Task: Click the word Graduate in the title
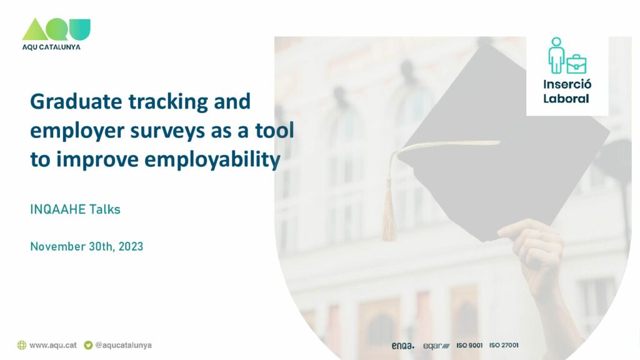[x=76, y=101]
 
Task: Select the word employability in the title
[x=212, y=159]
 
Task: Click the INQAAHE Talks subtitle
[x=75, y=209]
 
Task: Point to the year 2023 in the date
[x=131, y=246]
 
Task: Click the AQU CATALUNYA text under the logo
[x=51, y=47]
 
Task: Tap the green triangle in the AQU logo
[x=35, y=29]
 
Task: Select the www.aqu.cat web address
[x=53, y=345]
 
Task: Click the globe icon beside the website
[x=22, y=345]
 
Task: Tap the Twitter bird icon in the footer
[x=88, y=345]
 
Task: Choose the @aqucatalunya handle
[x=123, y=345]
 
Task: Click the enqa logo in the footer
[x=403, y=346]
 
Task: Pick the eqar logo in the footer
[x=436, y=346]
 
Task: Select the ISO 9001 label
[x=469, y=345]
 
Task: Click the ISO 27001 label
[x=504, y=345]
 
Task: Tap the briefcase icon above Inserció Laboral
[x=576, y=64]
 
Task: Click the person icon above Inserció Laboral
[x=556, y=56]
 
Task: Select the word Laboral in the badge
[x=566, y=99]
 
